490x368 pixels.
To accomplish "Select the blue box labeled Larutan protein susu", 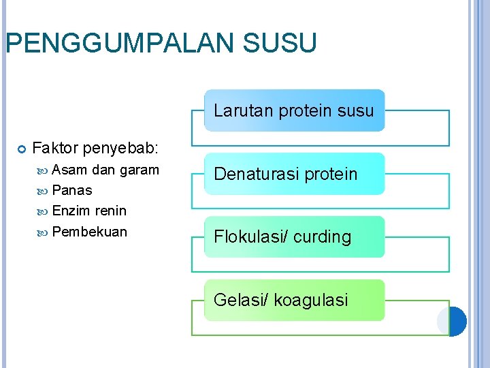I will pos(294,110).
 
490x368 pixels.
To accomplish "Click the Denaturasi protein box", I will pos(294,174).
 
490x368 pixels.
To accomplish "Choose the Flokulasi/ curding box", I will pos(294,237).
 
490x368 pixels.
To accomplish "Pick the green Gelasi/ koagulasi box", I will pos(294,300).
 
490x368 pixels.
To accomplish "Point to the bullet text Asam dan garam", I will pos(105,170).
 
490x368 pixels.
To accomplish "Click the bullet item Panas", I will pos(71,190).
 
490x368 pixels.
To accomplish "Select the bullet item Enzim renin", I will pos(89,211).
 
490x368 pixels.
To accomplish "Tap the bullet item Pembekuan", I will pos(89,231).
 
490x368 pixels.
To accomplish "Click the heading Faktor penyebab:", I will pos(95,147).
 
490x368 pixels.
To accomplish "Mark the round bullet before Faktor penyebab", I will pos(20,148).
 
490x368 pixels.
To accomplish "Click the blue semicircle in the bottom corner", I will pos(459,321).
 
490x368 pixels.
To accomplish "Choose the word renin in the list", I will pos(111,211).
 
